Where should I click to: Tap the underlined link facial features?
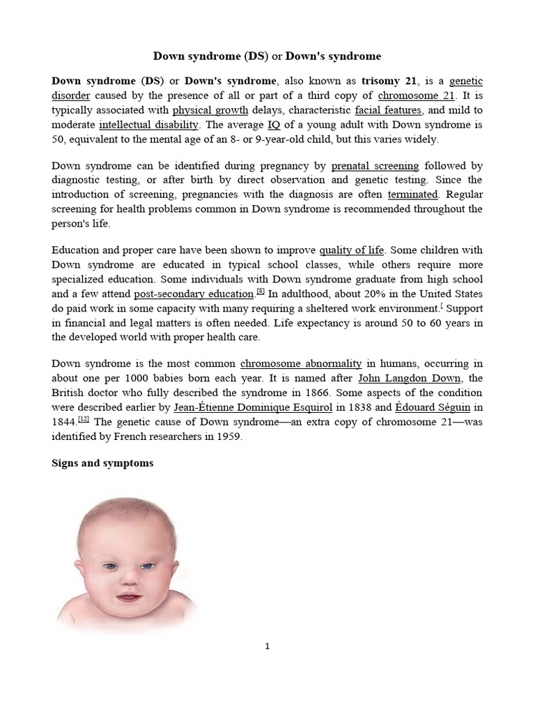388,110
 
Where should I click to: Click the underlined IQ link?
274,125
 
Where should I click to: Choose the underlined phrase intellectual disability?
149,125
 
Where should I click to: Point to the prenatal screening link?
375,166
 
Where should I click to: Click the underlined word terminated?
413,195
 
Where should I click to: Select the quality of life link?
352,250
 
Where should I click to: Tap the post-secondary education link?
194,294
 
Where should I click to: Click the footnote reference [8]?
260,292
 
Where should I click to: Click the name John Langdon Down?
410,378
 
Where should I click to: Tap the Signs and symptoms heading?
102,464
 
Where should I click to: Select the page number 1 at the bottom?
267,646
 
